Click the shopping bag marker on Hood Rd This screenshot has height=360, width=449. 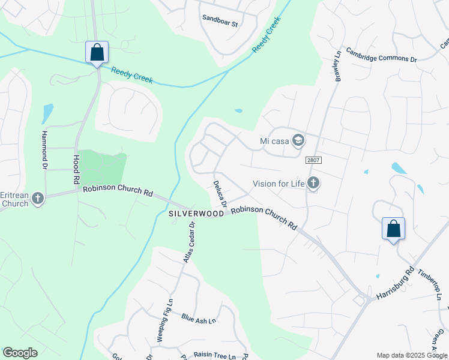coord(97,52)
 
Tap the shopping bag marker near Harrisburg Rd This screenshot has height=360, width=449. coord(393,229)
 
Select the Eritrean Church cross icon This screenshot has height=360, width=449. coord(38,198)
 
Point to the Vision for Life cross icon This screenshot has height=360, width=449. coord(312,183)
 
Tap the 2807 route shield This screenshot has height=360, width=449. coord(313,160)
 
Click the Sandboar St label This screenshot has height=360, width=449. coord(220,25)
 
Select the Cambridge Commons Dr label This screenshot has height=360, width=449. coord(381,55)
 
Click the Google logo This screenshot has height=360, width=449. coord(20,353)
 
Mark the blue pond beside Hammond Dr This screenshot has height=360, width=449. coord(47,113)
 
